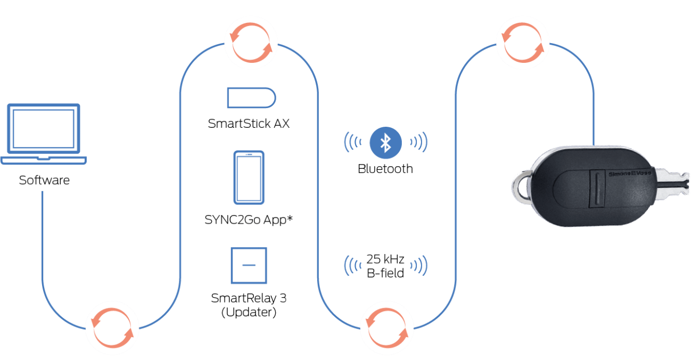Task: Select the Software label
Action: (x=44, y=181)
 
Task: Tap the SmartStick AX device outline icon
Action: (x=251, y=98)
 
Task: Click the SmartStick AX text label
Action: (x=249, y=124)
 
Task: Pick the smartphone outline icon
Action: (x=249, y=177)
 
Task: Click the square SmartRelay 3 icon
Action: (x=249, y=265)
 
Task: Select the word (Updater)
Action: (x=249, y=313)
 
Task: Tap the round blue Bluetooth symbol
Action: (x=385, y=143)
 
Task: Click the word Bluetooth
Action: (x=385, y=169)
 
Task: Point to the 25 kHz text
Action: (x=385, y=260)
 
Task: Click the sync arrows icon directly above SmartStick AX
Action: (x=251, y=43)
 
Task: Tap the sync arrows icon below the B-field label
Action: (x=387, y=328)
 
